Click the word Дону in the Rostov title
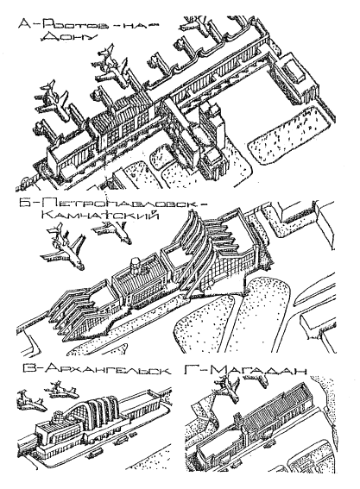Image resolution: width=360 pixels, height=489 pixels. coord(68,37)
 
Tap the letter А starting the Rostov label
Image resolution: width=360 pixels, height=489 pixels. coord(26,23)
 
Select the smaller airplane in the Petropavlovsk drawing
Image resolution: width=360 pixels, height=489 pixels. coord(113,231)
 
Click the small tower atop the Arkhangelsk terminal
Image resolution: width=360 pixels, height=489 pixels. coord(57,416)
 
